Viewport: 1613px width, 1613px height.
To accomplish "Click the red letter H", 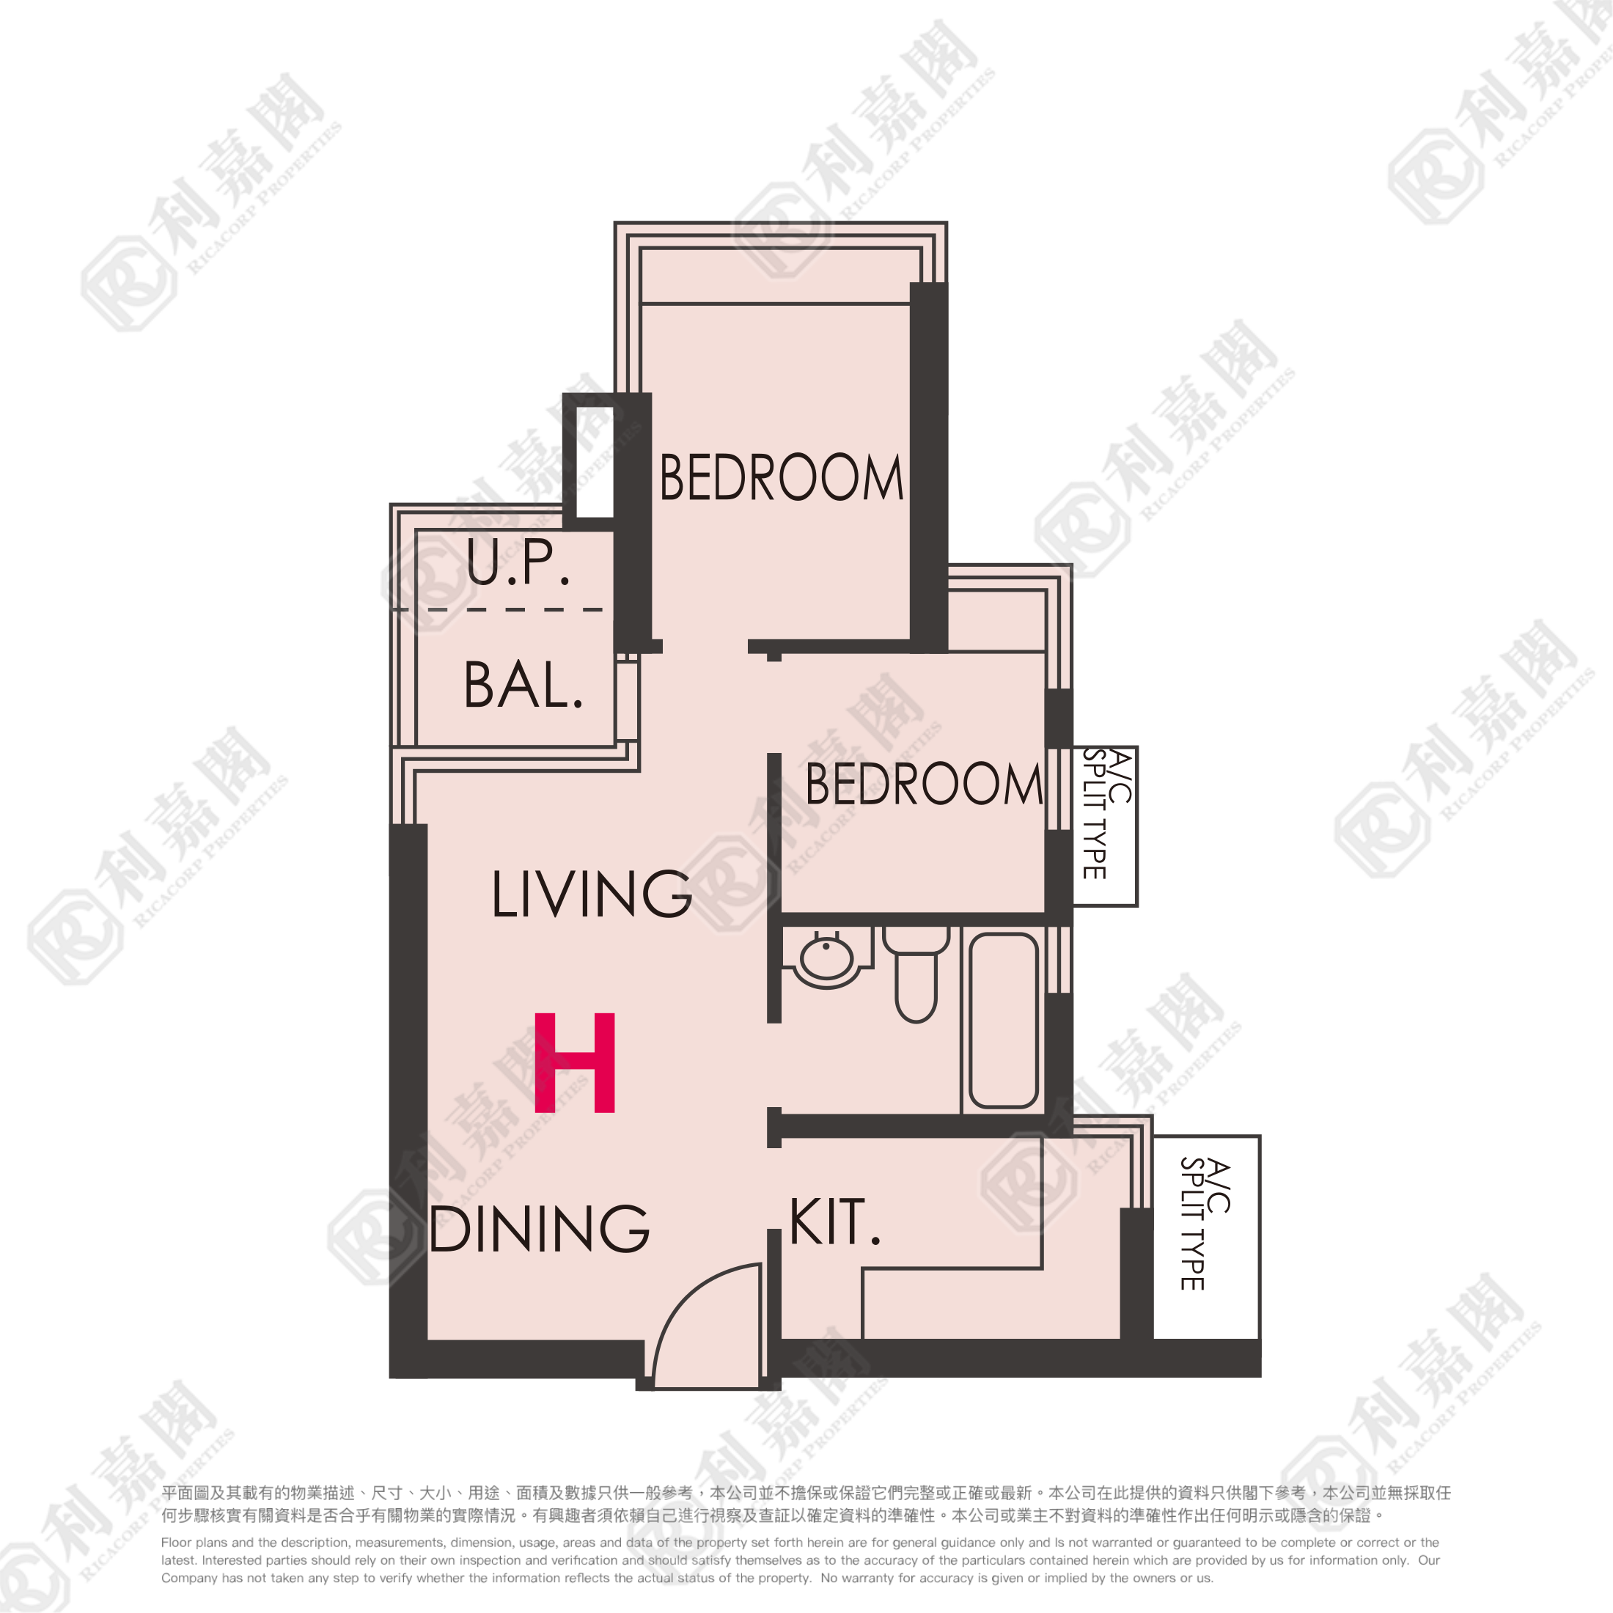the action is [574, 1063].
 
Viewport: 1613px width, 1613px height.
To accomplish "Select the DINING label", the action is [540, 1228].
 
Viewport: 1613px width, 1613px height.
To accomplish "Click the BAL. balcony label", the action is [523, 686].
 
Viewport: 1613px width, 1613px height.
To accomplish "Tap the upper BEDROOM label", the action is [782, 477].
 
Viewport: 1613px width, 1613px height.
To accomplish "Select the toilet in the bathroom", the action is [916, 973].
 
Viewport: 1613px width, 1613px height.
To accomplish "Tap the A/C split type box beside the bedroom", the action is [1105, 826].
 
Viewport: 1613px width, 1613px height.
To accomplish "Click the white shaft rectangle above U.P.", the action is [595, 462].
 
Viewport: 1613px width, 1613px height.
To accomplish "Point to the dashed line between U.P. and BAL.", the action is [499, 609].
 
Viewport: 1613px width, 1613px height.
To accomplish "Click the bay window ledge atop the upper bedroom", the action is [776, 276].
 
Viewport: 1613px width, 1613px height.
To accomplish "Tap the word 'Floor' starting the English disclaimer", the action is [176, 1543].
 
